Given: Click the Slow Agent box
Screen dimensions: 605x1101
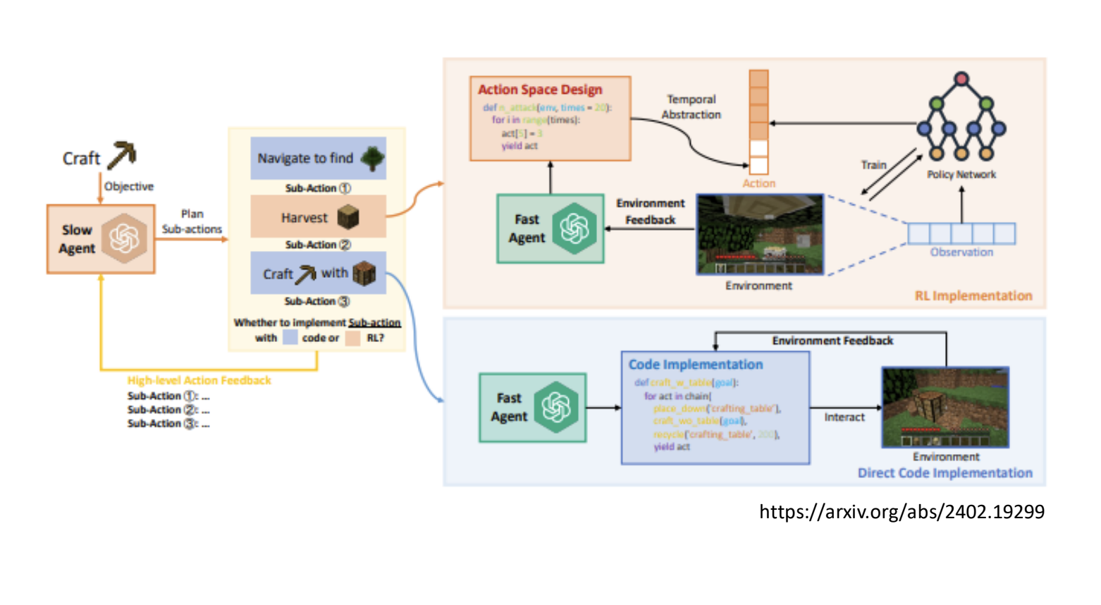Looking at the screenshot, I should pos(101,239).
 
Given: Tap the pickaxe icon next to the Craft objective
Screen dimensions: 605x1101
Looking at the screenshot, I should pos(122,155).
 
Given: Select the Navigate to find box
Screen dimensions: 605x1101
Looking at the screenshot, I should pos(318,158).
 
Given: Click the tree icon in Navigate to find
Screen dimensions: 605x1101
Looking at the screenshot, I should pos(372,159).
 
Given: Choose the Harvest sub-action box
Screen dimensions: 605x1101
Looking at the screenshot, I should pos(318,217).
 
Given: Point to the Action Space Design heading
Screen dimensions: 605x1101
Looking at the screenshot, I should pos(540,90).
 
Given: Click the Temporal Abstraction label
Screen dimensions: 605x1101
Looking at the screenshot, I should pos(691,107).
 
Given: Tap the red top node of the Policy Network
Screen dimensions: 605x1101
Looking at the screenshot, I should pos(961,78).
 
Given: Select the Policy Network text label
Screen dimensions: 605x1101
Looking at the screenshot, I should pos(961,174).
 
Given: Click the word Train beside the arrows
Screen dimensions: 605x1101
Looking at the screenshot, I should pos(873,165).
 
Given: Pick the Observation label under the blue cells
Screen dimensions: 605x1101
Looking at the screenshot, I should pos(961,252).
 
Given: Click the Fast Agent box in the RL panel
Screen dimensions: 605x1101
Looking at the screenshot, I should pos(550,228).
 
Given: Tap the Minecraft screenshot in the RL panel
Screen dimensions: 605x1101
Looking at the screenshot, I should pos(759,234).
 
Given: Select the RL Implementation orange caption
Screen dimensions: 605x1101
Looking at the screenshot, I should pos(973,296).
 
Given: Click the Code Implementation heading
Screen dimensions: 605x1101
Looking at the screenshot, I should pos(696,365).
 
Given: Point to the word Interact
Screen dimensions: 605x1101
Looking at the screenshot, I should pos(844,417).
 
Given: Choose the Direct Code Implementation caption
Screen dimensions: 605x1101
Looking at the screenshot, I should pos(945,473).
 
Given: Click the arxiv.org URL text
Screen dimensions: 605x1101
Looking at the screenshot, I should pos(902,512).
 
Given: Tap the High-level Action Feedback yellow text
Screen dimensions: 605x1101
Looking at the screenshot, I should pos(199,381).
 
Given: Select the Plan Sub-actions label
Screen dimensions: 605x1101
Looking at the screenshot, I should pos(192,221).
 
